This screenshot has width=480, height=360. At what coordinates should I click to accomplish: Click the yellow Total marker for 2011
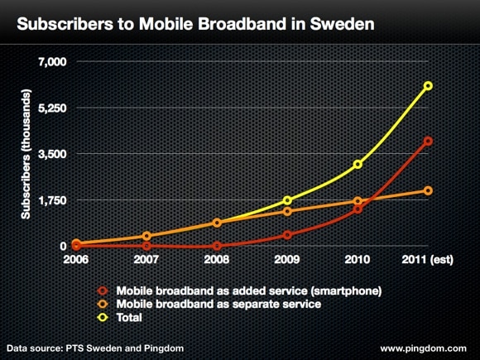point(428,86)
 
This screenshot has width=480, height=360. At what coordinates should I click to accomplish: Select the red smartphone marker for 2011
point(428,141)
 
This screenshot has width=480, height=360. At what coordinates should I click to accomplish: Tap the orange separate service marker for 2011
point(428,190)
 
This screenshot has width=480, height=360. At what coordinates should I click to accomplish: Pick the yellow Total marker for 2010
point(358,165)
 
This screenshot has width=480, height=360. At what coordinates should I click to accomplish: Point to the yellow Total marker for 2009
point(287,200)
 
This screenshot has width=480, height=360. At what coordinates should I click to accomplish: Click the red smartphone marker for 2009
point(287,235)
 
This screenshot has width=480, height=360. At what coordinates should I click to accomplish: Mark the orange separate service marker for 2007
point(146,236)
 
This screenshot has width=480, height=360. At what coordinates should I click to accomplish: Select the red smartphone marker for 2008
point(217,246)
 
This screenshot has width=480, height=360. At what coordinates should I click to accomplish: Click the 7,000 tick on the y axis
point(52,61)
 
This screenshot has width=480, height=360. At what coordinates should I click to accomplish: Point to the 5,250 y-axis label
point(52,108)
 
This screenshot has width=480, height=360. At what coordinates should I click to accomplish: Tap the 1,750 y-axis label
point(52,200)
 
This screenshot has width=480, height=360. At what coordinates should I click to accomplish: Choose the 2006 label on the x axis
point(76,260)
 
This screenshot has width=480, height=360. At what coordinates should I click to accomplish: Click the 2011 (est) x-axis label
point(428,260)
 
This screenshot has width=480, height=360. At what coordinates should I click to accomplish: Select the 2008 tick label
point(217,260)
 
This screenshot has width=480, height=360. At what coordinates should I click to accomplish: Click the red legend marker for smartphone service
point(103,290)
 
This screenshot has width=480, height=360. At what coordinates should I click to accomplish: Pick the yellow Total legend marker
point(103,318)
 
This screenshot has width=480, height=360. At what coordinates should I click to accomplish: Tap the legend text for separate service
point(218,305)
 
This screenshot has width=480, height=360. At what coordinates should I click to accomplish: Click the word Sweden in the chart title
point(342,24)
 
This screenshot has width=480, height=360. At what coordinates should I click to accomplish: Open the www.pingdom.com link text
point(424,348)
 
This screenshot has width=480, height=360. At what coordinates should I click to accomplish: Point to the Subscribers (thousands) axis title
point(26,154)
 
